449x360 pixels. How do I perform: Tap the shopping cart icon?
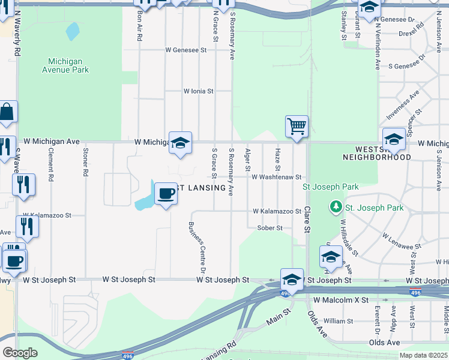[x=297, y=127]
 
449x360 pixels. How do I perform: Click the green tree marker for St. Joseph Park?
[x=336, y=208]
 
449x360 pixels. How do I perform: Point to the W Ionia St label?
[x=198, y=91]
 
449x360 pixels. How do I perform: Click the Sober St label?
[x=270, y=228]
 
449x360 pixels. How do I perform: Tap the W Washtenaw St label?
[x=276, y=178]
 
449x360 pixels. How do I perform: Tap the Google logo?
[x=20, y=353]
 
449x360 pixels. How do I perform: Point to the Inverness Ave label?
[x=410, y=104]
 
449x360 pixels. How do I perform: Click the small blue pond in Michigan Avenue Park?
[x=72, y=31]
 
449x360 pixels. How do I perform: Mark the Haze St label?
[x=277, y=158]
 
